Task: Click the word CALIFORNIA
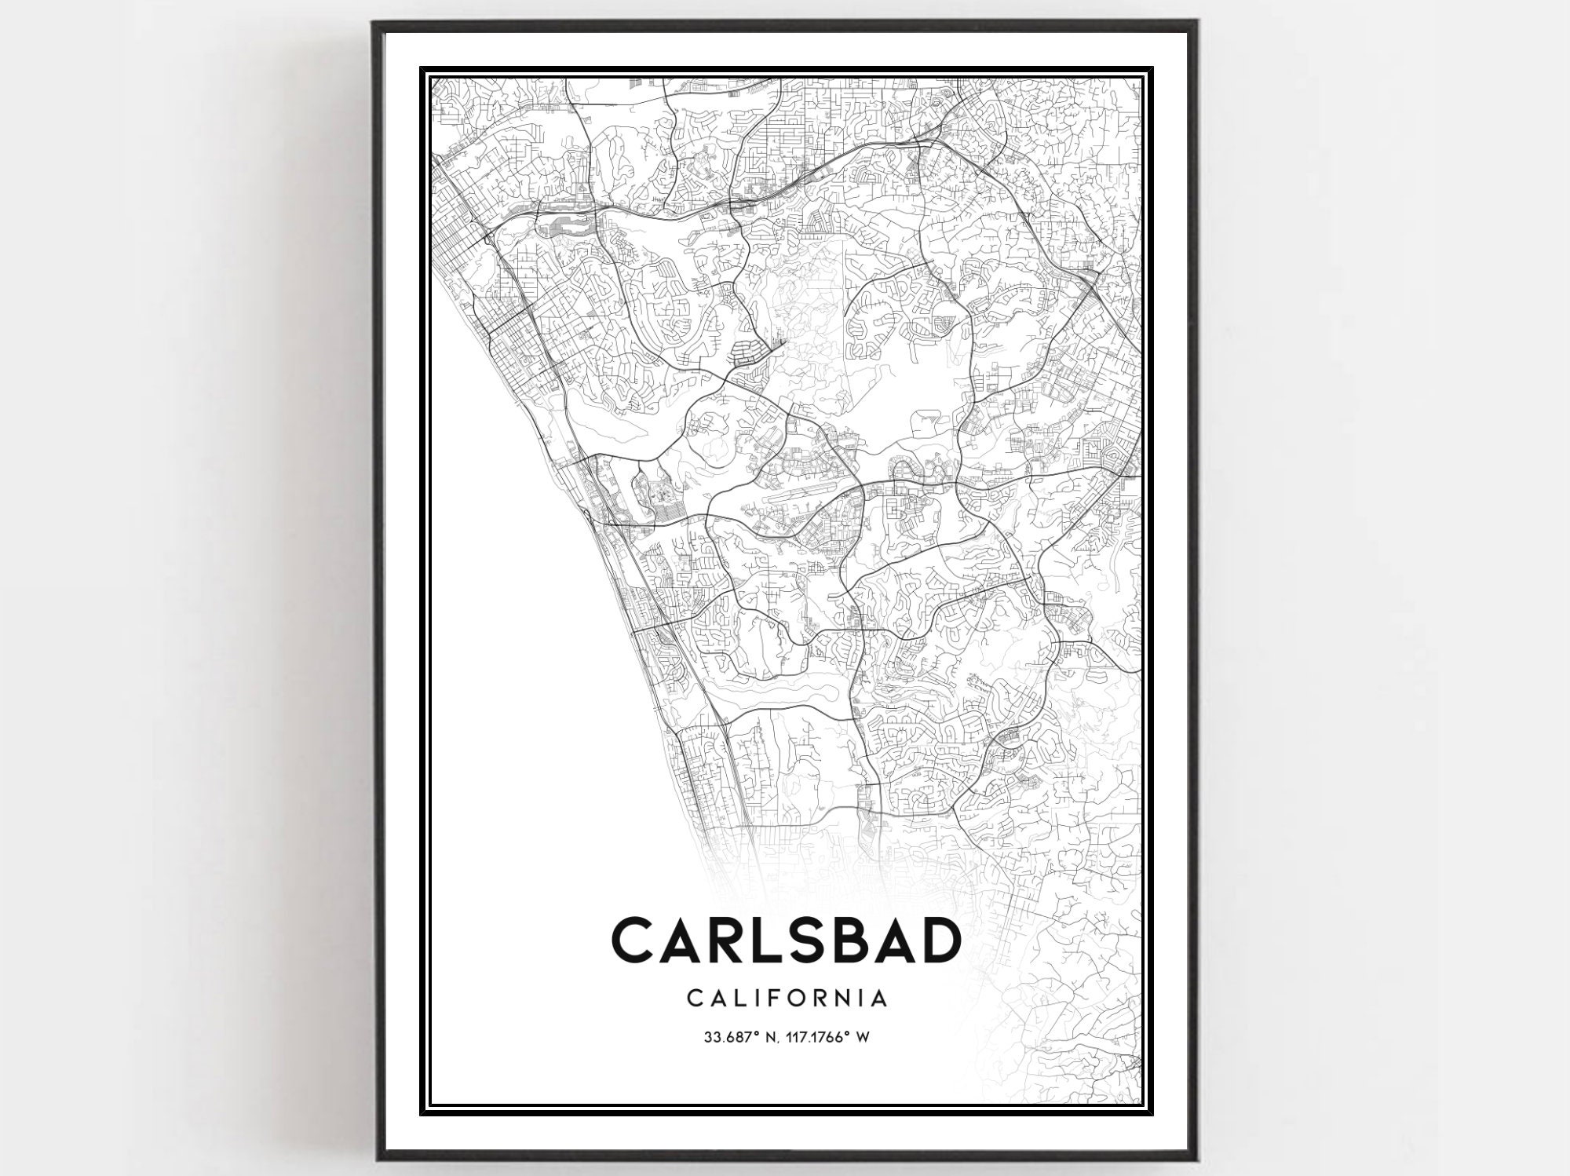(x=787, y=998)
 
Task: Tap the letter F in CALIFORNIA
(x=769, y=998)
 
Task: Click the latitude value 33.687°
(x=728, y=1037)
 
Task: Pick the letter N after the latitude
(x=766, y=1037)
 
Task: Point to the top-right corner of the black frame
(x=1195, y=22)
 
